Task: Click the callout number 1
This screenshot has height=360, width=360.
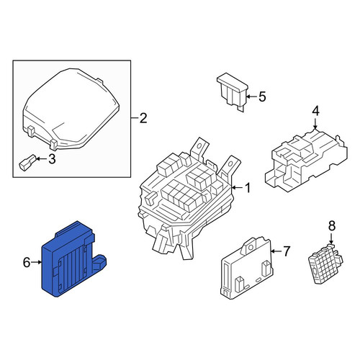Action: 247,188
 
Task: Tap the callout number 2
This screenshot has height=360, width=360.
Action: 143,118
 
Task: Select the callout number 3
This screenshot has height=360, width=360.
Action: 52,159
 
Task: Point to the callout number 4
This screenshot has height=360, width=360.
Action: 315,111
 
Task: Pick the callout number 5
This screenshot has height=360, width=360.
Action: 262,96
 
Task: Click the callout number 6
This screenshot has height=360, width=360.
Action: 27,262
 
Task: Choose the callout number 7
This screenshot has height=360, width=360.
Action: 286,251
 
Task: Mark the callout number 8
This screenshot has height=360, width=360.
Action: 331,226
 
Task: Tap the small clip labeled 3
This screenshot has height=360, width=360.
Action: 27,163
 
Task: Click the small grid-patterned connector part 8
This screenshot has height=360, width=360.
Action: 325,264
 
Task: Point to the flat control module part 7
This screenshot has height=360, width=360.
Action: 247,269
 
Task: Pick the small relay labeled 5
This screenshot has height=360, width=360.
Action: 233,92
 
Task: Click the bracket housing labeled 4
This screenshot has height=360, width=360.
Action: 306,161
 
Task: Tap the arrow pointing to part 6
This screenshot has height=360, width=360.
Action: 36,262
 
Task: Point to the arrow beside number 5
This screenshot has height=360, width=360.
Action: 251,96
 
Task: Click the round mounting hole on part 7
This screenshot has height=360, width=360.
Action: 251,247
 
